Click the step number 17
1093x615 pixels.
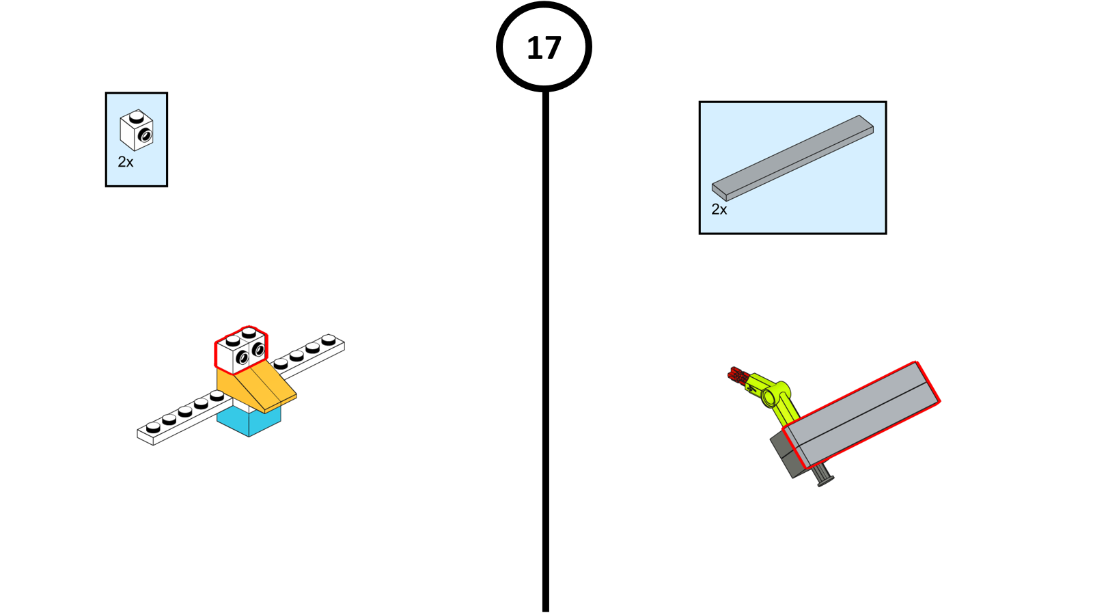(544, 48)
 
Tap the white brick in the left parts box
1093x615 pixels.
(137, 130)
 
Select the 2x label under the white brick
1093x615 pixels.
(126, 162)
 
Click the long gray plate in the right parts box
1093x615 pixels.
(792, 158)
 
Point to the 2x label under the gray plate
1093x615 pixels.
(719, 209)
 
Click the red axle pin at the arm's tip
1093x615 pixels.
(738, 374)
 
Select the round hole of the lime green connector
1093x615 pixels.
(769, 397)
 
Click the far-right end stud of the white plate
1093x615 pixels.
(329, 339)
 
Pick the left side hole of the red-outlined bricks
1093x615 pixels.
(242, 359)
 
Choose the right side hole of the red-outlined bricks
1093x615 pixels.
(258, 349)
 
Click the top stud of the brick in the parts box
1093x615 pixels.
(136, 117)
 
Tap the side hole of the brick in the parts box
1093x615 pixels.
(145, 135)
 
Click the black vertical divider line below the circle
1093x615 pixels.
(546, 351)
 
